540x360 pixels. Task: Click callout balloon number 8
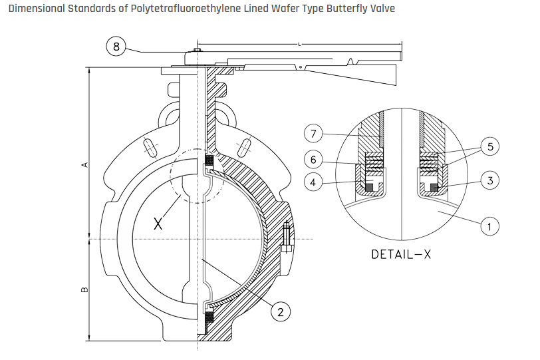[116, 47]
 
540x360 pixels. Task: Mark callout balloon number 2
[282, 311]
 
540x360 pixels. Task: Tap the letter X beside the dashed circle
[158, 224]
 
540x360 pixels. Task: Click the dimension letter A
[84, 164]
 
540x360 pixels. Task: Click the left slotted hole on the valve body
[150, 146]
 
